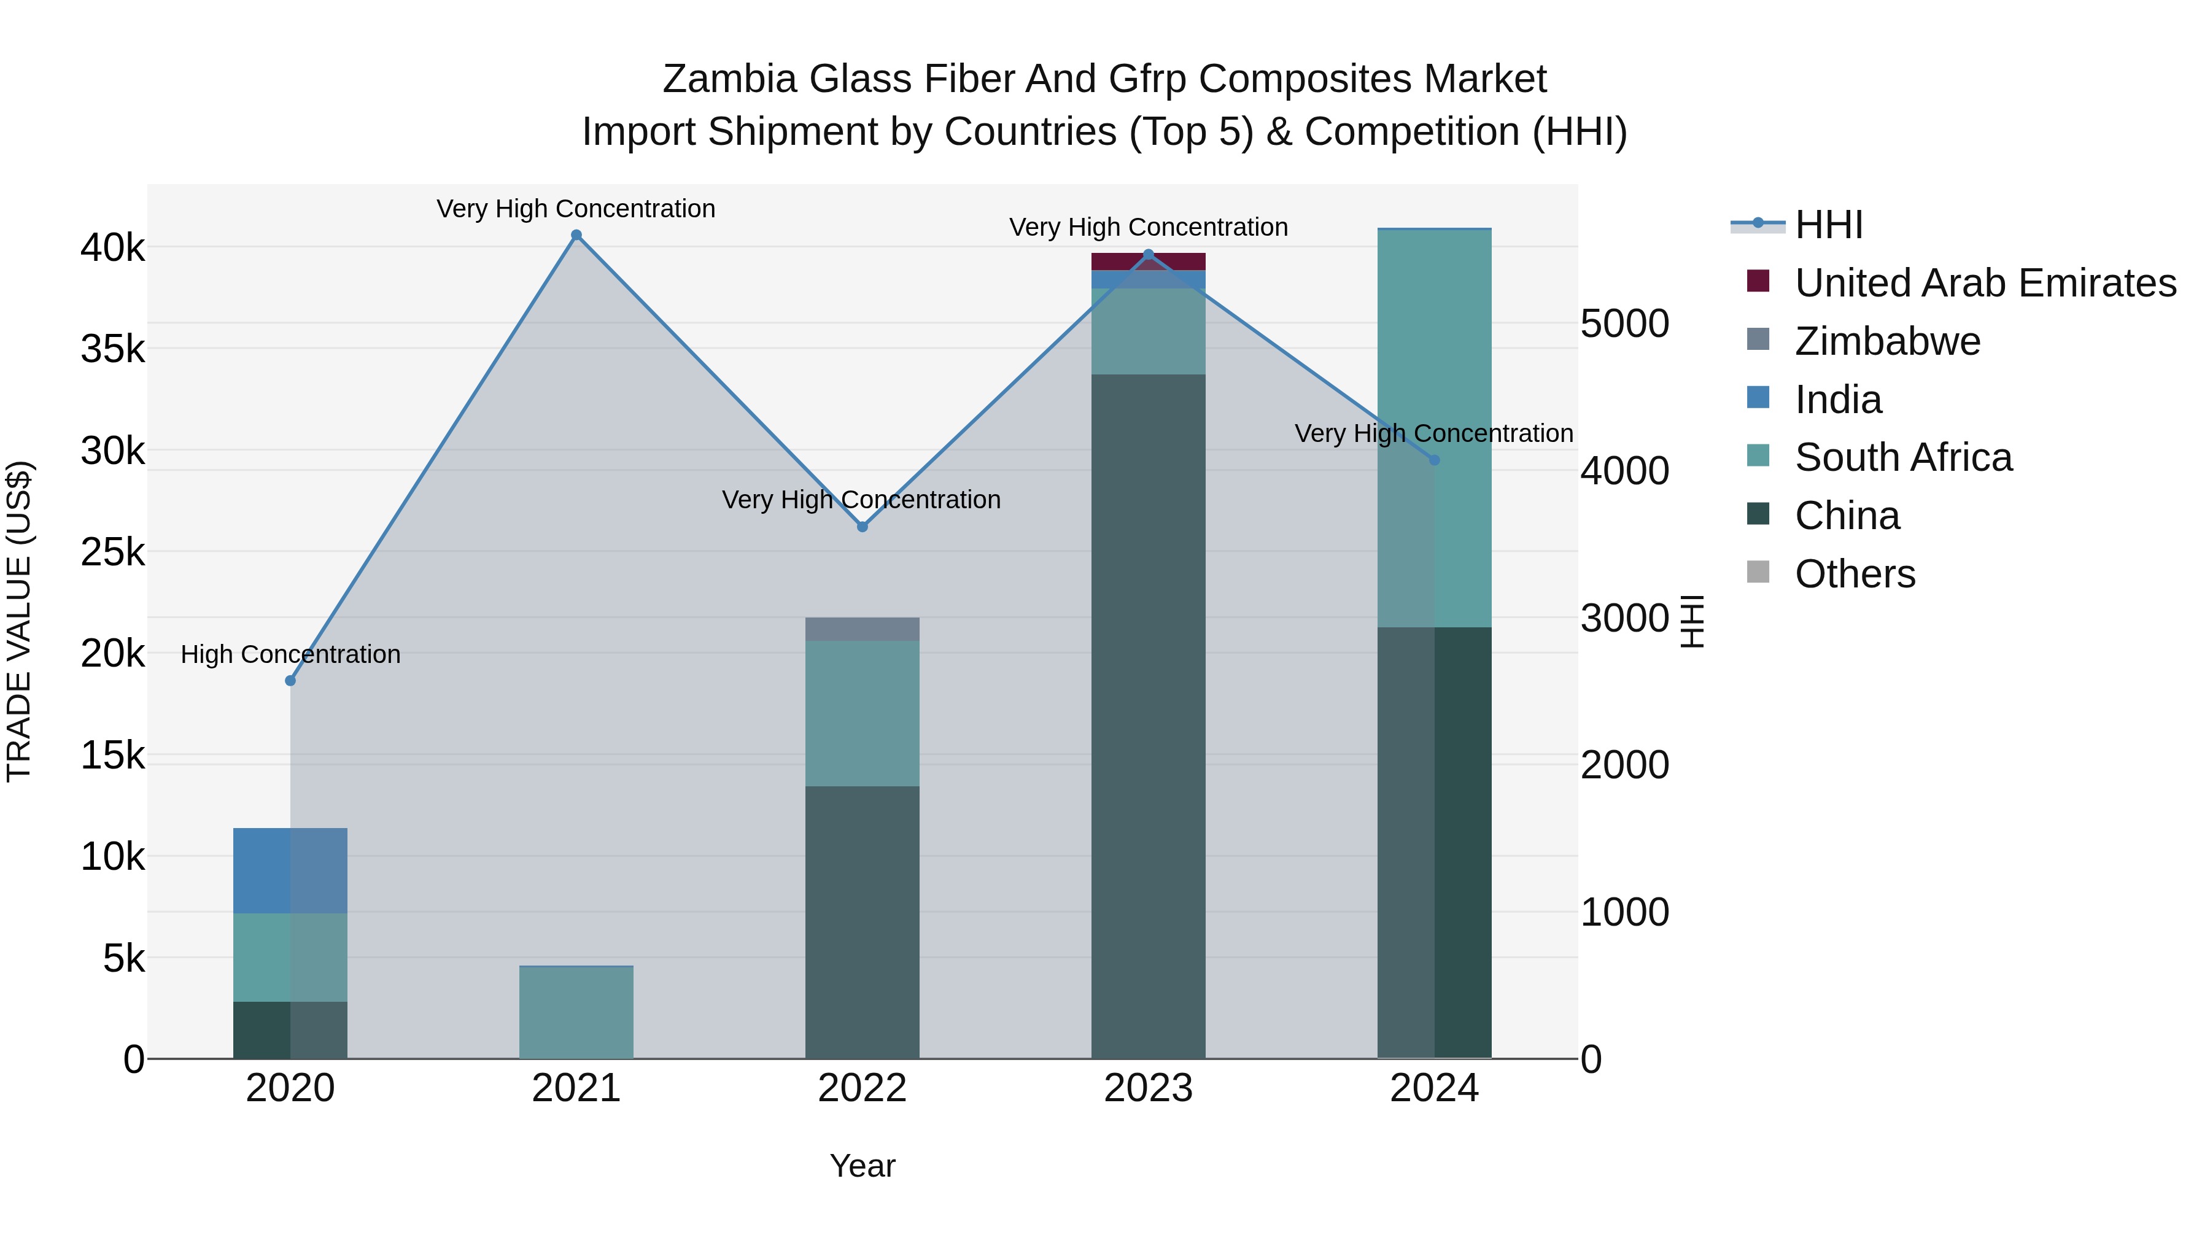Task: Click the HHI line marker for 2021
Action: [x=576, y=235]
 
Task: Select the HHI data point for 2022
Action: [x=863, y=527]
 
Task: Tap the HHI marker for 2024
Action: [x=1435, y=460]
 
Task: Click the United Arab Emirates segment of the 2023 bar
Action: [x=1148, y=261]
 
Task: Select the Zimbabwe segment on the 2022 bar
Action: [x=863, y=629]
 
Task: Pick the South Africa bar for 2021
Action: [x=576, y=1012]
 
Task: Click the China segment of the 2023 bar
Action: [x=1148, y=716]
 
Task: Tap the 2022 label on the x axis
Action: [x=863, y=1088]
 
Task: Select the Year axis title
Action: [x=863, y=1166]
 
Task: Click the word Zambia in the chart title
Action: [x=729, y=79]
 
